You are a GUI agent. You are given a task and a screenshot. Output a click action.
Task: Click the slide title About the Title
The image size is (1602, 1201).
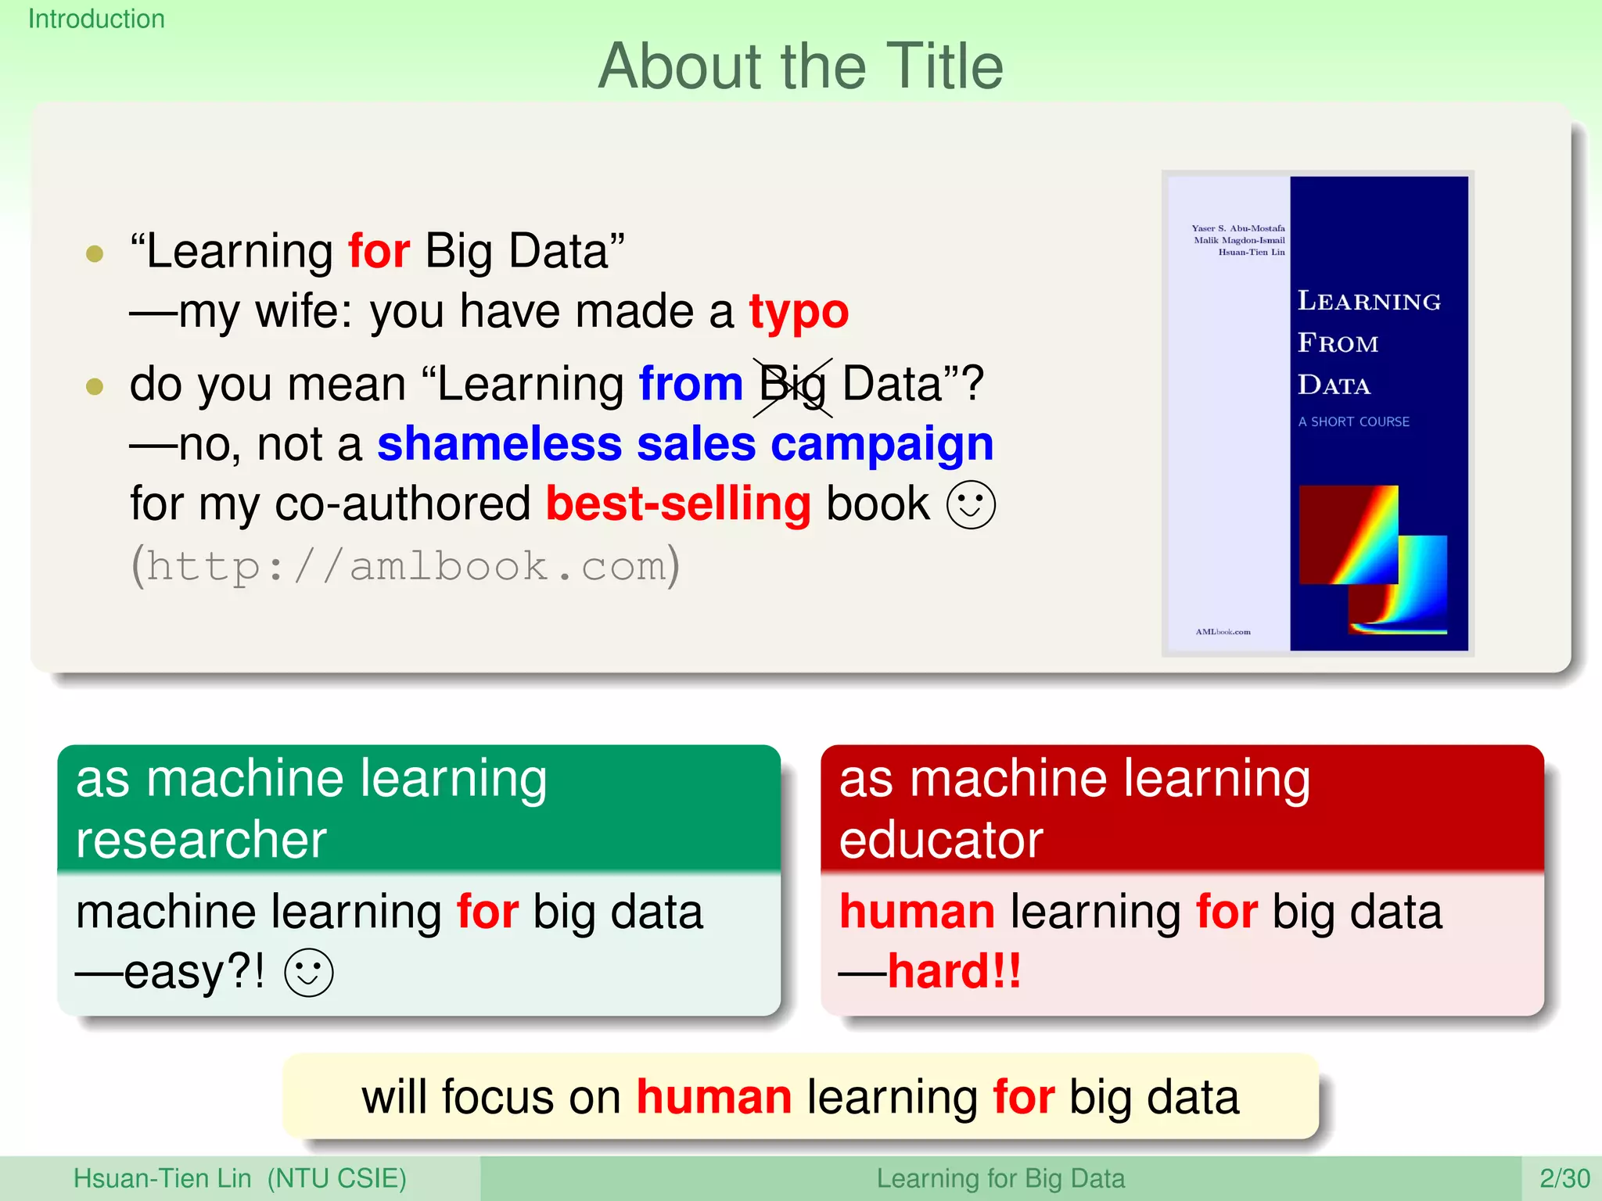click(800, 67)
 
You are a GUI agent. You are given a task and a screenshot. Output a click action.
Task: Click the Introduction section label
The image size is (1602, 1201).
click(96, 19)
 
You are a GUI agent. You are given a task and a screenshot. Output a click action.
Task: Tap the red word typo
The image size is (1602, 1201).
click(799, 312)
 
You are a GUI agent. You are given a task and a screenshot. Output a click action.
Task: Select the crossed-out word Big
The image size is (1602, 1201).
click(792, 385)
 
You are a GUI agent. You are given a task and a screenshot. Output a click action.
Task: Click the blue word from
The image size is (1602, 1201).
click(690, 384)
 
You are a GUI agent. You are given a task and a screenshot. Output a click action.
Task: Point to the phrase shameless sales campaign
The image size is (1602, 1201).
click(684, 444)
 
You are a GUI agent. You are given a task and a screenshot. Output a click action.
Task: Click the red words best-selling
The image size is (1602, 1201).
click(678, 504)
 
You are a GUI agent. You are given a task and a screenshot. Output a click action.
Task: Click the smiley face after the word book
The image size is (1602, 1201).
click(971, 504)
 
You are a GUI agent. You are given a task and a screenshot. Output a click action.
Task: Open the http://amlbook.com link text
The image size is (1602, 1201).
click(405, 565)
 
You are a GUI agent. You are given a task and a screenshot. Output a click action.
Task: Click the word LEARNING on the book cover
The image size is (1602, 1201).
click(1369, 301)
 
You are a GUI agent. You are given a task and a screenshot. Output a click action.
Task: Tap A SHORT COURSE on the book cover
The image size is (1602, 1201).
click(1353, 421)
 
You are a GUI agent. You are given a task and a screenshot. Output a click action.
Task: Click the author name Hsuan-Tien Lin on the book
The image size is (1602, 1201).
click(1251, 252)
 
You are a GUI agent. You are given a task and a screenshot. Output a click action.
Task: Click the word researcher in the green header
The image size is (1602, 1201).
click(201, 840)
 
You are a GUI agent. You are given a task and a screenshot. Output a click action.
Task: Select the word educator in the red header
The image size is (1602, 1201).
click(941, 840)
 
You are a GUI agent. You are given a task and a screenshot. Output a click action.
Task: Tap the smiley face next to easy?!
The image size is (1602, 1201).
click(309, 973)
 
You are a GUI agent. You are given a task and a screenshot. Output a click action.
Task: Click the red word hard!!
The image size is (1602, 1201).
click(954, 971)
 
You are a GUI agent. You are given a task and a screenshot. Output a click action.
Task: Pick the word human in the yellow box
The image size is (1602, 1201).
click(713, 1097)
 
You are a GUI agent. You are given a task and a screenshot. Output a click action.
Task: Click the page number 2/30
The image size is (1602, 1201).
click(1564, 1178)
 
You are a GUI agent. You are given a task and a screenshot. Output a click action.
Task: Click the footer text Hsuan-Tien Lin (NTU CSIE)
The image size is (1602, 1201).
click(239, 1178)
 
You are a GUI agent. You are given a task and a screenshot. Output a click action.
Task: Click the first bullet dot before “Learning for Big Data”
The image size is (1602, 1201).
click(95, 253)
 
